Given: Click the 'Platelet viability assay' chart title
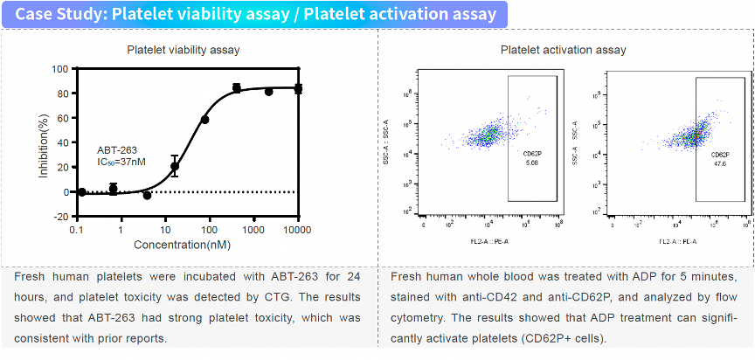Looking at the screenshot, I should pyautogui.click(x=184, y=50).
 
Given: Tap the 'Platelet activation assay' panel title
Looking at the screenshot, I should pyautogui.click(x=563, y=50).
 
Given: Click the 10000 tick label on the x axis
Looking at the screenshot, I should pyautogui.click(x=298, y=230).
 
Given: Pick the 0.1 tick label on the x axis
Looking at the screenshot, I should pyautogui.click(x=77, y=230).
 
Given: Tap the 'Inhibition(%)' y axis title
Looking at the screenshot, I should pyautogui.click(x=43, y=142).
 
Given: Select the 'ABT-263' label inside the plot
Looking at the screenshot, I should pyautogui.click(x=117, y=150).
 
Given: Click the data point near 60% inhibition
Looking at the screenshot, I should pyautogui.click(x=204, y=119).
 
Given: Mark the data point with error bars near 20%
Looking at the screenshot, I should pyautogui.click(x=175, y=166).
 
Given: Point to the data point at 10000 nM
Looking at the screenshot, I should pyautogui.click(x=298, y=89).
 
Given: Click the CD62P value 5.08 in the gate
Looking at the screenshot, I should pyautogui.click(x=532, y=162).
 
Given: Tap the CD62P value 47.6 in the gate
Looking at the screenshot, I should pyautogui.click(x=720, y=163).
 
